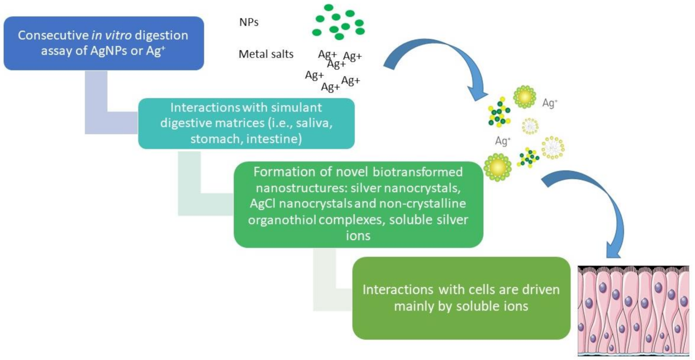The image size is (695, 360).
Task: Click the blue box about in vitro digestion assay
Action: pos(103,43)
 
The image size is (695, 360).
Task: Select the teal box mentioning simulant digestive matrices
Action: pos(246,123)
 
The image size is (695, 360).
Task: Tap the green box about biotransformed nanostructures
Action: pos(358,204)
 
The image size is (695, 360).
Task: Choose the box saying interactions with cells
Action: pos(460,298)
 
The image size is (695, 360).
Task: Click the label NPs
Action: pos(249,22)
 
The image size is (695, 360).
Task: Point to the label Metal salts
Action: pos(266,54)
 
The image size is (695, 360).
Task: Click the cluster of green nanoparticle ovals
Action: pos(338,22)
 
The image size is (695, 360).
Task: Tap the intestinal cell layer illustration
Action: pos(633,311)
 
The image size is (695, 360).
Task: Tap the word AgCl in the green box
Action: pos(263,204)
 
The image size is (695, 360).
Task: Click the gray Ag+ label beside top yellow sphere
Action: pos(549,103)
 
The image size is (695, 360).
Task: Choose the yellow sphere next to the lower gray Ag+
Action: pos(497,167)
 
